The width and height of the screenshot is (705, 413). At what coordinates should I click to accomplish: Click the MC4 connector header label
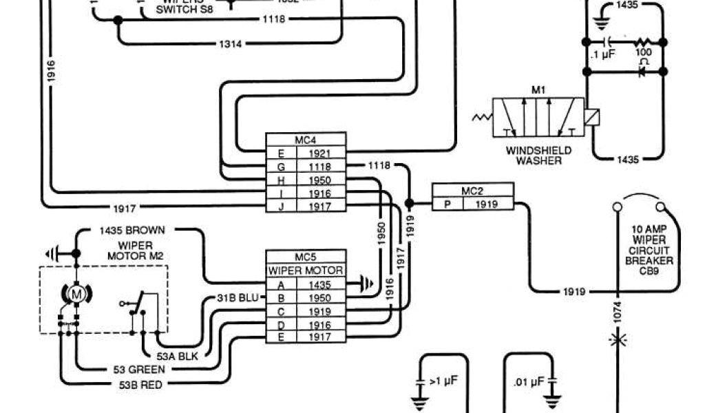click(306, 140)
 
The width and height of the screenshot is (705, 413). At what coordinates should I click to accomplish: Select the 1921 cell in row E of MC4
click(321, 153)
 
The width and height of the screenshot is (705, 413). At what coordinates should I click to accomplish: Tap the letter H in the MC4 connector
click(281, 180)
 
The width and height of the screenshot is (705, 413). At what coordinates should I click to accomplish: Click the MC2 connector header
click(472, 191)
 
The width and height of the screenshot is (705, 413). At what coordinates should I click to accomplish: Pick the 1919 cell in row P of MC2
click(487, 204)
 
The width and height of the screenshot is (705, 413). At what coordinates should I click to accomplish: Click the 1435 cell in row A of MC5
click(320, 284)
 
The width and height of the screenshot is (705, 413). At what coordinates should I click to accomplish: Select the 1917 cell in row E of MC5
click(320, 337)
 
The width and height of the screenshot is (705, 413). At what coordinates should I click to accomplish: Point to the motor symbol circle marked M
click(78, 295)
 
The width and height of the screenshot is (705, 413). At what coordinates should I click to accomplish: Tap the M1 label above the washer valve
click(538, 90)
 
